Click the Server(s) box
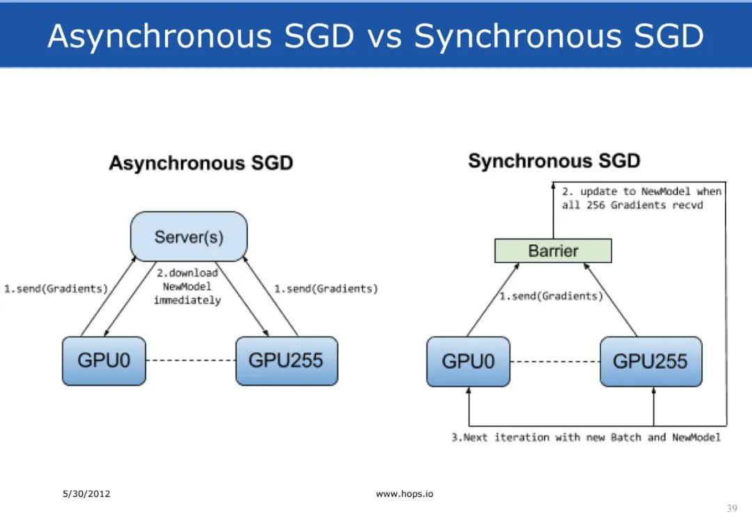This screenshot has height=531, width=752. point(189,237)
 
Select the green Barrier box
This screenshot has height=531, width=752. point(553,251)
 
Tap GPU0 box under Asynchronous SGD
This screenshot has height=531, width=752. point(104,360)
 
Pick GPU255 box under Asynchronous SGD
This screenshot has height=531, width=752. point(286,360)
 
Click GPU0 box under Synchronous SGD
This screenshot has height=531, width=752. point(468,361)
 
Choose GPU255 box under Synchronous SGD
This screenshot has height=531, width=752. point(650,361)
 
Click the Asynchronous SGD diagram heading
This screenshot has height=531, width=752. point(201,164)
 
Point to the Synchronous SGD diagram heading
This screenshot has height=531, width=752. point(554,161)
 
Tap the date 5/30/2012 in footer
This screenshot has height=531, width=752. point(86,494)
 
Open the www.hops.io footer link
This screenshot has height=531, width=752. point(404,494)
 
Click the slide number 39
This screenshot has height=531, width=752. point(731,509)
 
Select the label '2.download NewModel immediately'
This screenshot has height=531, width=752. point(187,287)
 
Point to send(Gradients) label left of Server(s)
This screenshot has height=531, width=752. point(56,289)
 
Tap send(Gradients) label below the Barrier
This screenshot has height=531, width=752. point(551,296)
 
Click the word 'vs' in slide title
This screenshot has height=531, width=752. point(384,35)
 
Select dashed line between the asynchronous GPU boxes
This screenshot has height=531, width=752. point(191,360)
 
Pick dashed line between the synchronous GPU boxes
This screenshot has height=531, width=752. point(555,362)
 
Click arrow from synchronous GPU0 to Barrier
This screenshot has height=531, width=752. point(492,300)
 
